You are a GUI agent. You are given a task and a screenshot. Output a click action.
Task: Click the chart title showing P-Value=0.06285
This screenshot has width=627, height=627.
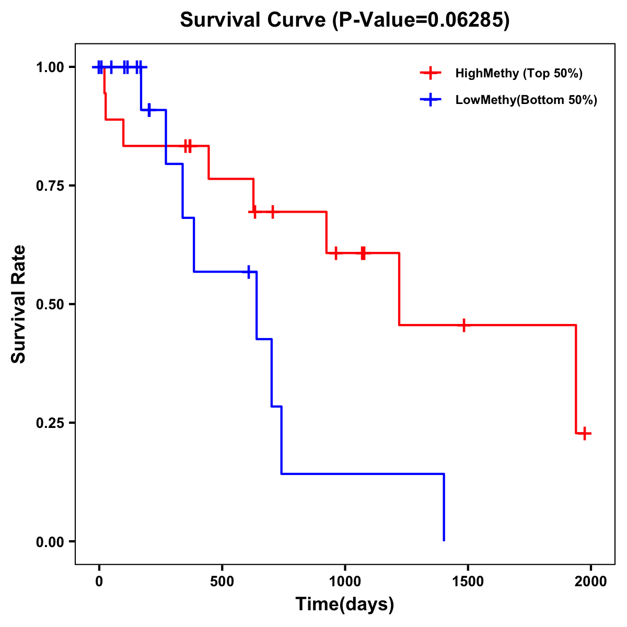click(x=344, y=20)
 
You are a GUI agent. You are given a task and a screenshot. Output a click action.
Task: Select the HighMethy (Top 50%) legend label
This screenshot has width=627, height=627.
click(x=518, y=73)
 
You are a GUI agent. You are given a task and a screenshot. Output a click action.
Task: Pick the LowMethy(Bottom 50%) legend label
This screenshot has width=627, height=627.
click(x=526, y=100)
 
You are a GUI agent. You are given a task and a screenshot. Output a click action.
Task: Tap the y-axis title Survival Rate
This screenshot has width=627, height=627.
click(x=19, y=304)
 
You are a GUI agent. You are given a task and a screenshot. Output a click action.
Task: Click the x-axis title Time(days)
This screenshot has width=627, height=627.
click(x=344, y=604)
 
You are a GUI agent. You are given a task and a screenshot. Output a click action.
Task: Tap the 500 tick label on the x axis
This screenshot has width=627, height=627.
click(x=222, y=582)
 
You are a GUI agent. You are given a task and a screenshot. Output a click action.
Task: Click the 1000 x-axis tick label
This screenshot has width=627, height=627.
click(x=345, y=582)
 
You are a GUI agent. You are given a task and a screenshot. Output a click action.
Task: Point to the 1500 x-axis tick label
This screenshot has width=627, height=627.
click(x=468, y=582)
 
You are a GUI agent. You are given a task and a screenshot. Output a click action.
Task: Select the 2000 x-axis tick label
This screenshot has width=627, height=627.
click(x=591, y=582)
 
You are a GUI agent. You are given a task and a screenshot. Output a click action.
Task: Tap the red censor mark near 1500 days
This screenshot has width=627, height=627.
click(x=463, y=325)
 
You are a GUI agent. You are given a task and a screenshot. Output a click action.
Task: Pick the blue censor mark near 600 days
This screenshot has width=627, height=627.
click(x=249, y=272)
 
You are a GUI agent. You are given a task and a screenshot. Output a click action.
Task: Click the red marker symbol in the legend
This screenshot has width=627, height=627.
click(x=430, y=73)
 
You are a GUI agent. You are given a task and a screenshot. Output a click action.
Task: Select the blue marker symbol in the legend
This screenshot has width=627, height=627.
click(x=430, y=100)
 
